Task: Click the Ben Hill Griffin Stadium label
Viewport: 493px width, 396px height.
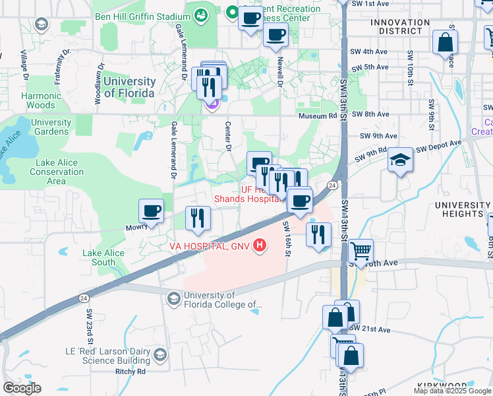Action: click(x=138, y=16)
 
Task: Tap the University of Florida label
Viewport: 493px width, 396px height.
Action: click(x=129, y=87)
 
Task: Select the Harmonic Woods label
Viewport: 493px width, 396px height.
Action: click(x=42, y=100)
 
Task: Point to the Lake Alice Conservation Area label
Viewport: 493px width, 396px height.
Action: click(x=56, y=172)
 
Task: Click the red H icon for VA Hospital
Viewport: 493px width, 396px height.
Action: click(x=260, y=246)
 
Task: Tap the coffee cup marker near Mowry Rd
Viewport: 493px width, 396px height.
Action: click(x=151, y=211)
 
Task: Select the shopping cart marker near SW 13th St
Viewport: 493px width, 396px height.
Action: click(x=361, y=251)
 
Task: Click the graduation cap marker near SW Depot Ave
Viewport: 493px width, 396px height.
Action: click(x=399, y=160)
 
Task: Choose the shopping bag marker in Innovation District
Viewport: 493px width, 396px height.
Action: click(x=446, y=42)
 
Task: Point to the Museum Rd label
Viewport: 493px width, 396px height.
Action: click(x=317, y=115)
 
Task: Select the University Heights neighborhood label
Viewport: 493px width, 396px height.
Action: click(x=462, y=210)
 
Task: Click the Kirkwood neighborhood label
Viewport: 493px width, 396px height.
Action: click(x=442, y=385)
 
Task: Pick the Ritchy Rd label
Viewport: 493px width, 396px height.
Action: click(x=130, y=372)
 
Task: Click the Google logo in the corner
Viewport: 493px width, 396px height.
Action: click(x=21, y=388)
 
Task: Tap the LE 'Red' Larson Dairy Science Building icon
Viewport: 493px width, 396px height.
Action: click(x=159, y=357)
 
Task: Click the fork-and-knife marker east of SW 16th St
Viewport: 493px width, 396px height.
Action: click(x=318, y=234)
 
